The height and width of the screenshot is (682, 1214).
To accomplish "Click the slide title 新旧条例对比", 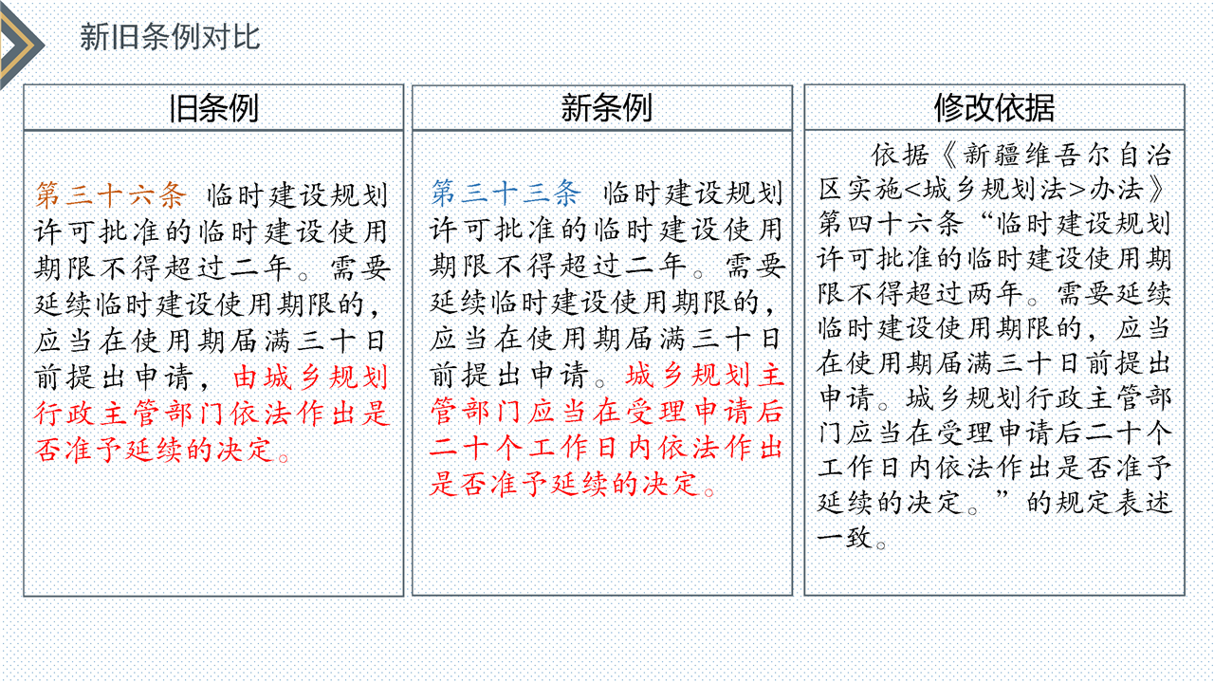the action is [170, 37].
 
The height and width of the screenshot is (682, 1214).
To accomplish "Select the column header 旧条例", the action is [213, 108].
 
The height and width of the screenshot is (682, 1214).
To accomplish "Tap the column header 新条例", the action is [606, 108].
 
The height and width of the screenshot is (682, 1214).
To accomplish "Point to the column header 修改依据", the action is [994, 108].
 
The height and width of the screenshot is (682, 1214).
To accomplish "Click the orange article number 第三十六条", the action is [111, 194].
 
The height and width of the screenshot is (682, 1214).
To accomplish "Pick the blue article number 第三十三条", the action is [506, 193].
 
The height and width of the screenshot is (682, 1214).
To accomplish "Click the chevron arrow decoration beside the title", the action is [21, 45].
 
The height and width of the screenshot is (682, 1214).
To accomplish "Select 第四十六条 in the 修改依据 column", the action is [892, 224].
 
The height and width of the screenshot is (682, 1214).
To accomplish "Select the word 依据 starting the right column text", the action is [900, 155].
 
